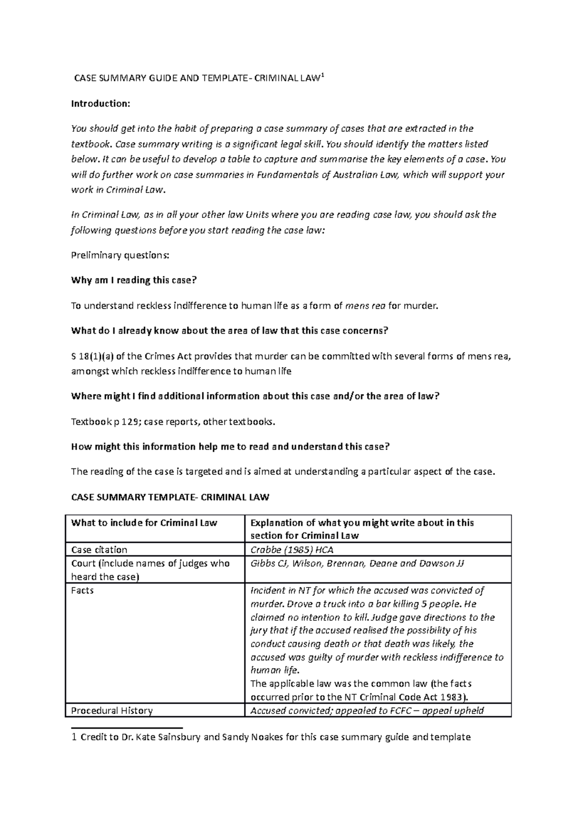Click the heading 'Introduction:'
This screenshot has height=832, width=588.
click(100, 103)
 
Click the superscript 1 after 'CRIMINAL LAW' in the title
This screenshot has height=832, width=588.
click(322, 75)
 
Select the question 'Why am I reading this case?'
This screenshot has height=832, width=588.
click(133, 280)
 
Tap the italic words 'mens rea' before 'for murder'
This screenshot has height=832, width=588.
click(365, 306)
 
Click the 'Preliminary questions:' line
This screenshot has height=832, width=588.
click(120, 255)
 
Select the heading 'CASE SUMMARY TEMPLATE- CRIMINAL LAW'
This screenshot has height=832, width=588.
click(170, 497)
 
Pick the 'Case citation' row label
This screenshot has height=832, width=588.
click(99, 550)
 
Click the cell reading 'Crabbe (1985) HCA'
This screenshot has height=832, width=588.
click(292, 550)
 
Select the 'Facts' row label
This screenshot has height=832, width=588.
click(82, 590)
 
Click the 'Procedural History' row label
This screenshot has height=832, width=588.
click(112, 710)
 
